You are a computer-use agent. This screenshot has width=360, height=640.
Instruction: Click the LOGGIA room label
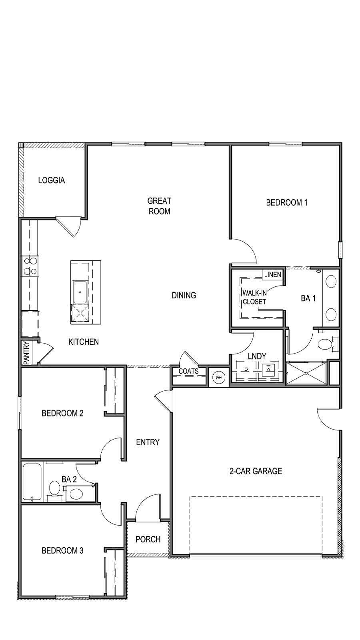pyautogui.click(x=51, y=180)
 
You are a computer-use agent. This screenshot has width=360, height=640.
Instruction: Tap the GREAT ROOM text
pyautogui.click(x=159, y=206)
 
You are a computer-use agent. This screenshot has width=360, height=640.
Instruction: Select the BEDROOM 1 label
pyautogui.click(x=286, y=202)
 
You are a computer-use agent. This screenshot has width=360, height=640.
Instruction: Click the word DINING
pyautogui.click(x=184, y=295)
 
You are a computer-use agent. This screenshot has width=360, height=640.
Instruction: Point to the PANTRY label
pyautogui.click(x=26, y=352)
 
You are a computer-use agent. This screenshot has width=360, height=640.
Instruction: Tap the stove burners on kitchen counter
pyautogui.click(x=30, y=266)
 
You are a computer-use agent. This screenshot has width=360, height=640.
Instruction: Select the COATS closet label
pyautogui.click(x=188, y=371)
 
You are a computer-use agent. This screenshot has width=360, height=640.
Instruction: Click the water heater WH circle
pyautogui.click(x=218, y=377)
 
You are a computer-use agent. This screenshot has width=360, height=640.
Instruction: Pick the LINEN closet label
pyautogui.click(x=272, y=275)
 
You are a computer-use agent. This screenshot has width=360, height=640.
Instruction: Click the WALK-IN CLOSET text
pyautogui.click(x=254, y=297)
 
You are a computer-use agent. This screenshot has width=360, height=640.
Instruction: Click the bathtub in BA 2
pyautogui.click(x=32, y=482)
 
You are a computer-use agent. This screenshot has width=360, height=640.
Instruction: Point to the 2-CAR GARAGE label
pyautogui.click(x=256, y=471)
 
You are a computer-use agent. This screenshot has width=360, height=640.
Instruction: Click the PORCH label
pyautogui.click(x=148, y=539)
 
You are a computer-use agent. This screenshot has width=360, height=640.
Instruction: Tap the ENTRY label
pyautogui.click(x=148, y=442)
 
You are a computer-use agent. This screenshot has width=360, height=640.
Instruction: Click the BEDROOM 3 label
pyautogui.click(x=62, y=551)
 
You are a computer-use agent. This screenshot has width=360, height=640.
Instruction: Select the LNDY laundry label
pyautogui.click(x=257, y=356)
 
